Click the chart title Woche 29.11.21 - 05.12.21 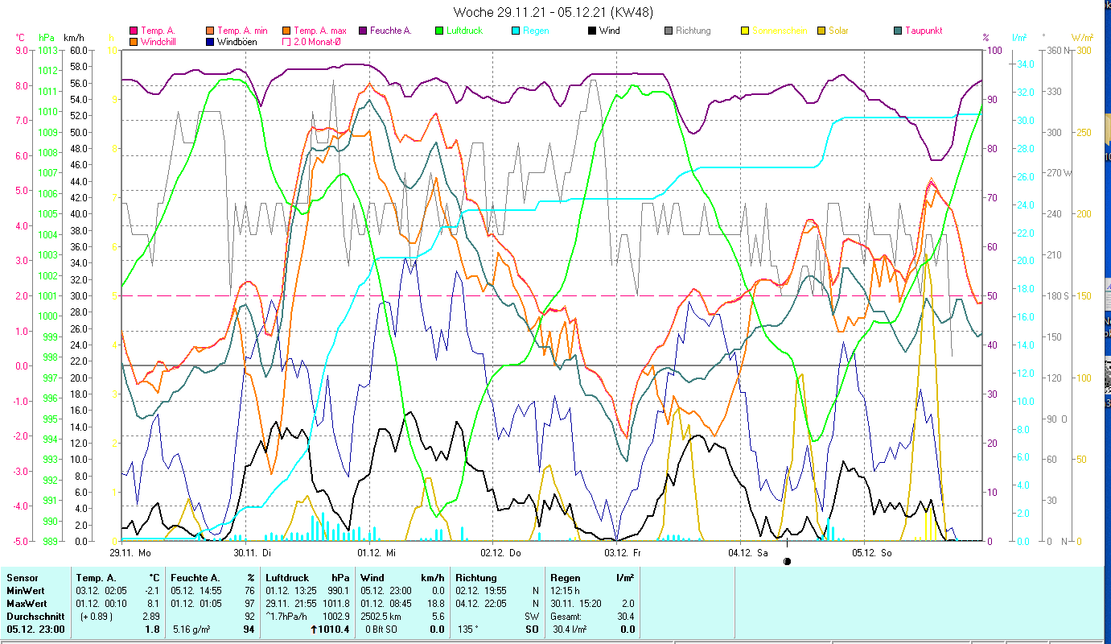tap(553, 12)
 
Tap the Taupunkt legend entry tap(923, 31)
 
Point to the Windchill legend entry tap(159, 41)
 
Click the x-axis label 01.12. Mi tap(377, 553)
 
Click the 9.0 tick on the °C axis tap(22, 50)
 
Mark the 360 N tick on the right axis tap(1056, 50)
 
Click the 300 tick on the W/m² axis tap(1084, 50)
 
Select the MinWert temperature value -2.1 tap(154, 590)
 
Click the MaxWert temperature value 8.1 tap(154, 603)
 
